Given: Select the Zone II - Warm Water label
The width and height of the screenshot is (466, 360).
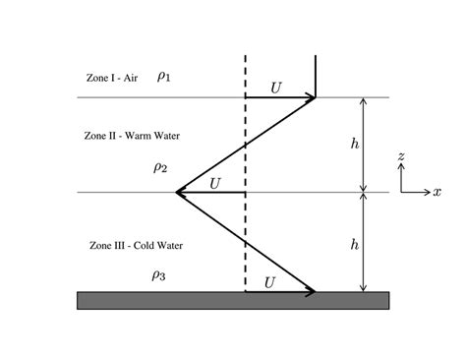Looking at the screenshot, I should pyautogui.click(x=132, y=136).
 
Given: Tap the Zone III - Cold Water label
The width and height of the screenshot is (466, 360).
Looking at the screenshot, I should pyautogui.click(x=136, y=245).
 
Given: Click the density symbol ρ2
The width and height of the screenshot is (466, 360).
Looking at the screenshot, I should pyautogui.click(x=160, y=167).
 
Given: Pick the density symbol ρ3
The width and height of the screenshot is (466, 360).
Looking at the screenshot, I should pyautogui.click(x=158, y=276).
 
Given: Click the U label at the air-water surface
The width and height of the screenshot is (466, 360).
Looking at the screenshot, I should pyautogui.click(x=276, y=88).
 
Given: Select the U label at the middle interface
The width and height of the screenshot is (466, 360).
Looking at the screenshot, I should pyautogui.click(x=215, y=182).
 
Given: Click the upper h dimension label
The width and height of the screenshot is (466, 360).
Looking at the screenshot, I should pyautogui.click(x=355, y=144).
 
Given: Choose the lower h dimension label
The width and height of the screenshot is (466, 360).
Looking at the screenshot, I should pyautogui.click(x=355, y=243).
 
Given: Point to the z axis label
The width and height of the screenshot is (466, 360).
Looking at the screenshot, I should pyautogui.click(x=401, y=156).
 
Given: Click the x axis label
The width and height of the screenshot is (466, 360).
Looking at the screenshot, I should pyautogui.click(x=437, y=192).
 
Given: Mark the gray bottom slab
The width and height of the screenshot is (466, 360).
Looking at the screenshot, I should pyautogui.click(x=233, y=300).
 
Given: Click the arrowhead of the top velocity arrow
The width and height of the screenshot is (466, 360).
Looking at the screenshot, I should pyautogui.click(x=312, y=97).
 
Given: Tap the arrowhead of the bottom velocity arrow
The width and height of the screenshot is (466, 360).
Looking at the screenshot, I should pyautogui.click(x=312, y=291).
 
